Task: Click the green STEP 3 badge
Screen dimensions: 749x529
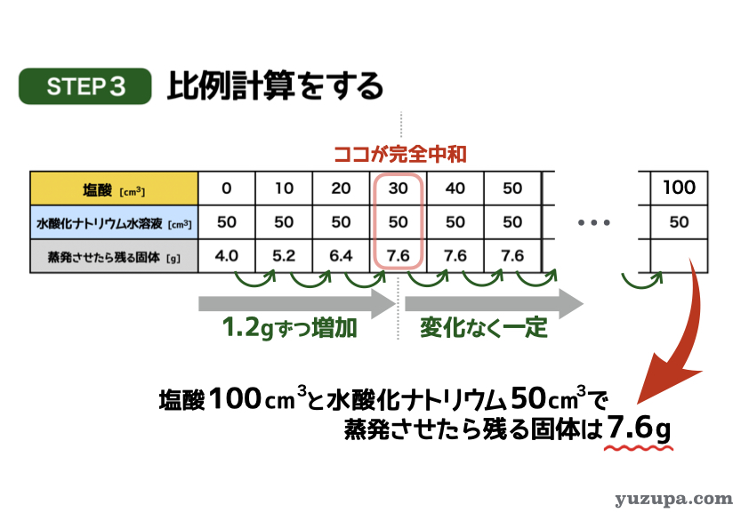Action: point(85,86)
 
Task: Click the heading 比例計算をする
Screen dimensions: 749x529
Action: point(275,86)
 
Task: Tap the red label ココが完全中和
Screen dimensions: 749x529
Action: point(399,154)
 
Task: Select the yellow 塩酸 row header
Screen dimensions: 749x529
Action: point(114,188)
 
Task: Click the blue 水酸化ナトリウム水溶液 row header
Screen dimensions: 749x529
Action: point(114,222)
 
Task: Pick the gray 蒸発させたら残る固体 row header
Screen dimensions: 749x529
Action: point(114,256)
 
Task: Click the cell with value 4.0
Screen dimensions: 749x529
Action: point(227,256)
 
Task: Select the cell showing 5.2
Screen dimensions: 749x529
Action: point(284,256)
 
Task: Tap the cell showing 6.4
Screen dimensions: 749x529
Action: point(341,256)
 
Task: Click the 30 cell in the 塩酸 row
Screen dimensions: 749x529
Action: point(398,188)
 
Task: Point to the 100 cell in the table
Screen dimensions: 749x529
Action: point(680,188)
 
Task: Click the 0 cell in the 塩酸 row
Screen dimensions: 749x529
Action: point(227,188)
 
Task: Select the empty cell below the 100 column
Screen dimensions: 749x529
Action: point(680,256)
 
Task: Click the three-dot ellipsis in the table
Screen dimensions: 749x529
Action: point(593,222)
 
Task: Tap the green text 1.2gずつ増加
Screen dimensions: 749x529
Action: point(290,327)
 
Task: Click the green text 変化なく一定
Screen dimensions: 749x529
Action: point(484,327)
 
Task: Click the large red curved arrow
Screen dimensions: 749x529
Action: point(688,334)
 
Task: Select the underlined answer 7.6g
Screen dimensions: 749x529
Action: point(639,428)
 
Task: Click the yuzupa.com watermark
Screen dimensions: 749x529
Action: point(673,499)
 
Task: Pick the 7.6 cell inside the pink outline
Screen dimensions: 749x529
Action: point(398,256)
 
